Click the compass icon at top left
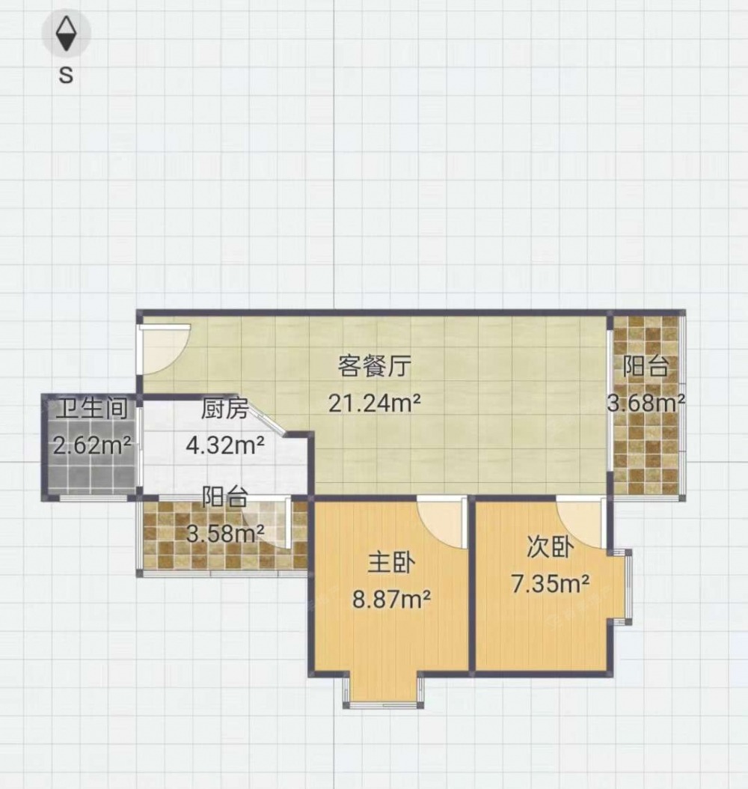66,33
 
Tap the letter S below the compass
66,75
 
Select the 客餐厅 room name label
375,366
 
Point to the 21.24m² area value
375,403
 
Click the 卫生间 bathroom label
92,408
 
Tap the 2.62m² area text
92,445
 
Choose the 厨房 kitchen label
224,409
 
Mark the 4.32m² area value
224,445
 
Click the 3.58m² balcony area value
224,534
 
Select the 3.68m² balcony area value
646,403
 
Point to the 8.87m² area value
392,600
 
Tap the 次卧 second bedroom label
550,547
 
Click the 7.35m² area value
550,584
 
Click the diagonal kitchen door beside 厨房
268,417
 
